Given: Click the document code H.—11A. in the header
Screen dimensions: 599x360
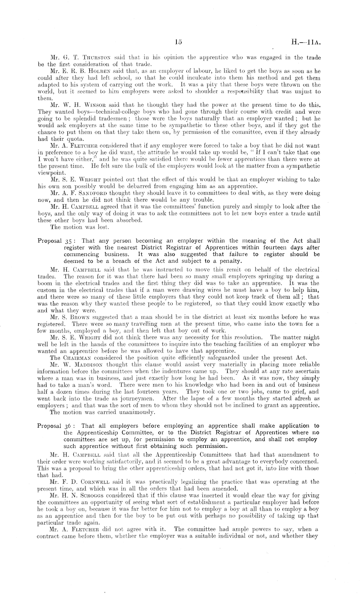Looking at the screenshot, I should (305, 42).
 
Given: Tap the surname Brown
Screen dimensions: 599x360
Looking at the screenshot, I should (85, 317).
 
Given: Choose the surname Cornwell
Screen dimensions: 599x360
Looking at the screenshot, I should (95, 482).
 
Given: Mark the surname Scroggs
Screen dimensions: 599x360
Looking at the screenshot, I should (92, 495).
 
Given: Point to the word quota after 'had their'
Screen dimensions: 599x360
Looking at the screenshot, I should (75, 139).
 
